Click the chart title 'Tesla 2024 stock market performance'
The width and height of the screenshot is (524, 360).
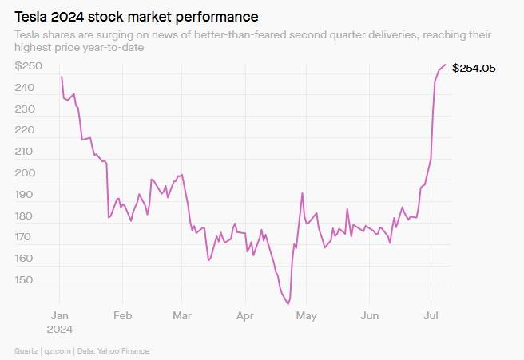pos(137,16)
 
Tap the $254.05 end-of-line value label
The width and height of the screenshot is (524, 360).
pos(474,69)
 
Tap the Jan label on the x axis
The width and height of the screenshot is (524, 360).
pos(60,315)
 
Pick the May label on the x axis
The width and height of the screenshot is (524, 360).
pos(306,315)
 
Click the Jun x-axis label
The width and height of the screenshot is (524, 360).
pos(368,315)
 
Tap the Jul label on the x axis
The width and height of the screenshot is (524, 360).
pos(431,315)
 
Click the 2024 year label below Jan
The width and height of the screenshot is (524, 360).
pos(61,328)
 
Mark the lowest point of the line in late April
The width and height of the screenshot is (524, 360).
pos(288,304)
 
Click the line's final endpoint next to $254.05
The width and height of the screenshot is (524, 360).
pos(445,65)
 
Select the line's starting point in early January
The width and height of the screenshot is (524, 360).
pos(61,77)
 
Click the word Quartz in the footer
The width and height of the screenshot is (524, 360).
pos(26,350)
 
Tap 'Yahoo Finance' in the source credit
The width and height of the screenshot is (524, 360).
pos(125,350)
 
